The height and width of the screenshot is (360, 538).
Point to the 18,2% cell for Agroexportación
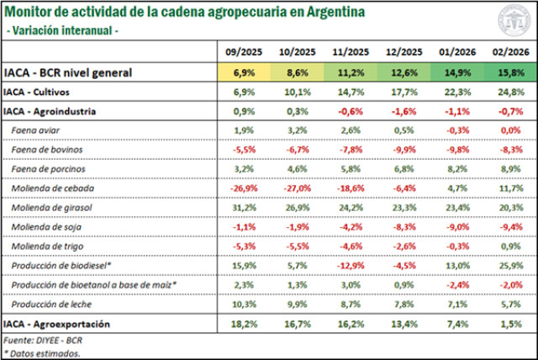[244, 323]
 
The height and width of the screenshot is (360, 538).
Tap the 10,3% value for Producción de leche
[244, 304]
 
